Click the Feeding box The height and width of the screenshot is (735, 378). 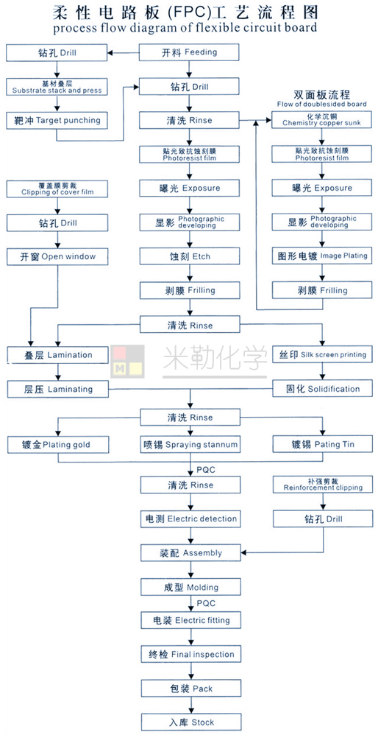point(190,52)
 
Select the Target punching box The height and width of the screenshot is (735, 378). point(57,121)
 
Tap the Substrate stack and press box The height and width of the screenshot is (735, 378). point(57,86)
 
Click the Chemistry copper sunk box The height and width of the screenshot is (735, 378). point(322,120)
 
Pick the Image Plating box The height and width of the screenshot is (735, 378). point(322,256)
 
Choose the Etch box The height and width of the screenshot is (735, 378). point(190,256)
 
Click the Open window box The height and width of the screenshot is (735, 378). point(57,256)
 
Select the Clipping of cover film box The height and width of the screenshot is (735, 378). point(57,189)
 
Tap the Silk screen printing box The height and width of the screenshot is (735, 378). point(322,354)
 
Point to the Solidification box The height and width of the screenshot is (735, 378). point(322,389)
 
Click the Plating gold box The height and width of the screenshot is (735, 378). point(58,444)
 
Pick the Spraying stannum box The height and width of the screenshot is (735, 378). point(190,444)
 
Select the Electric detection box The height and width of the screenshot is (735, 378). point(190,519)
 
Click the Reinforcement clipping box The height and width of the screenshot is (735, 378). point(322,485)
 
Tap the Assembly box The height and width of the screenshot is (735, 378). point(190,552)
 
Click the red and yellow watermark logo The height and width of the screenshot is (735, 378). point(127,360)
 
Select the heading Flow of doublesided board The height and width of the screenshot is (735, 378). point(322,104)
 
